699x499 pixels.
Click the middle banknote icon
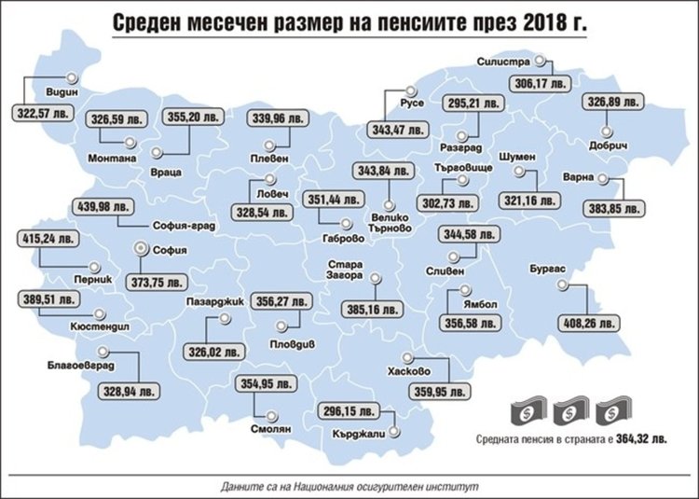(x=567, y=411)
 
